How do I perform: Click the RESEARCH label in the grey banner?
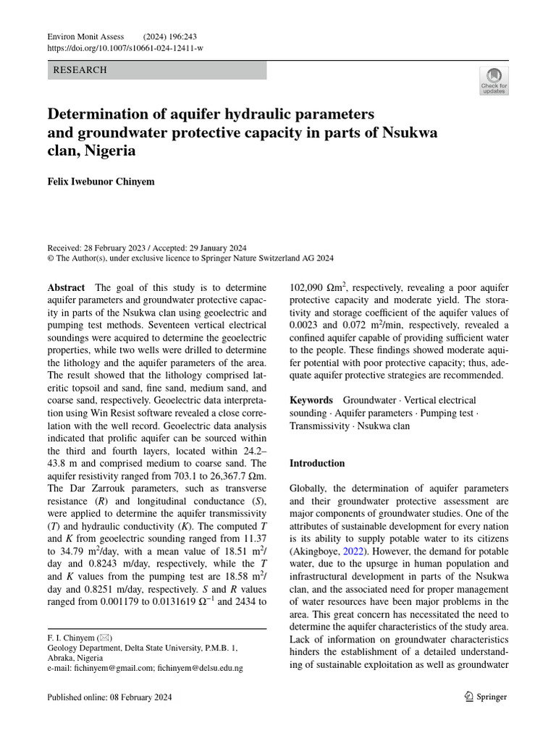click(x=80, y=70)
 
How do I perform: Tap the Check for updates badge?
click(x=494, y=81)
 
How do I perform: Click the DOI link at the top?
click(x=125, y=48)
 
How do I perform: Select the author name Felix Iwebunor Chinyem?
click(x=101, y=182)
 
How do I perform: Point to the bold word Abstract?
click(x=66, y=288)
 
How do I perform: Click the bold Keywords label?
click(x=311, y=400)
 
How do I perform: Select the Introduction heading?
click(x=317, y=463)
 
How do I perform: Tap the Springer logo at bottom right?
click(x=486, y=697)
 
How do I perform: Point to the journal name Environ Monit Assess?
click(x=85, y=36)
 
